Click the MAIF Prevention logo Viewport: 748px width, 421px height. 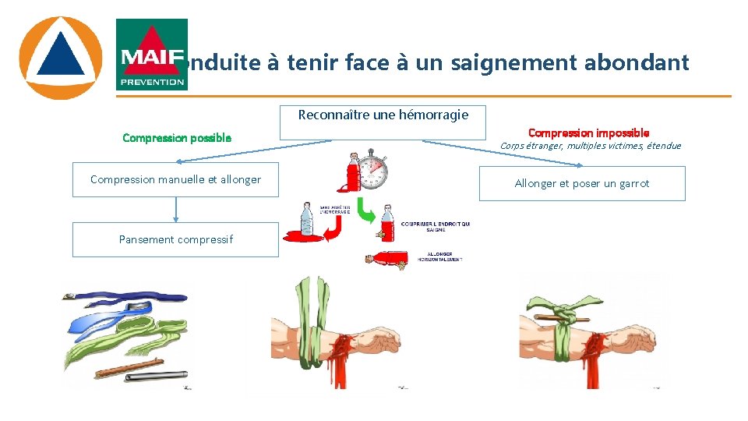click(152, 55)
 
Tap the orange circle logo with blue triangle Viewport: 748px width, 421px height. click(60, 58)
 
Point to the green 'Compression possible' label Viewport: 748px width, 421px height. click(177, 138)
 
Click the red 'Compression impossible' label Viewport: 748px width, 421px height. click(588, 133)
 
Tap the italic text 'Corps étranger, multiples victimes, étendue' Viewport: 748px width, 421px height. click(590, 146)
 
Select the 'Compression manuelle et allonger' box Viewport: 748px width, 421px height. click(175, 179)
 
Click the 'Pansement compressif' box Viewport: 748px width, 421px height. click(175, 239)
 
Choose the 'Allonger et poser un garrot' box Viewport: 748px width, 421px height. click(581, 183)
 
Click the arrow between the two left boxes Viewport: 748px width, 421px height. click(175, 209)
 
